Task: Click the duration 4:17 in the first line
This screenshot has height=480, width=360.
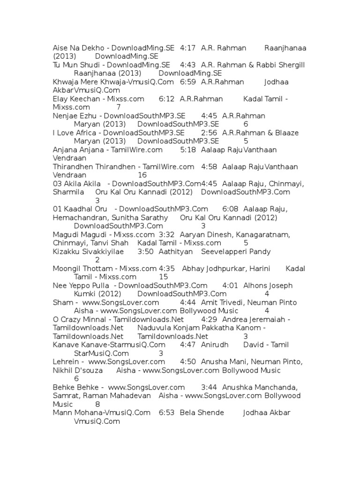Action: pyautogui.click(x=187, y=48)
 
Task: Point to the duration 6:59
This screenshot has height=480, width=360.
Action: pyautogui.click(x=187, y=82)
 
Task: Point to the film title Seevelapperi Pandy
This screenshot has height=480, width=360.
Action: pyautogui.click(x=236, y=252)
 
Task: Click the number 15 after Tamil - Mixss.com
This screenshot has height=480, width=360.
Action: pyautogui.click(x=150, y=277)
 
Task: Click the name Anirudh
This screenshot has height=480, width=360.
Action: pyautogui.click(x=215, y=345)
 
